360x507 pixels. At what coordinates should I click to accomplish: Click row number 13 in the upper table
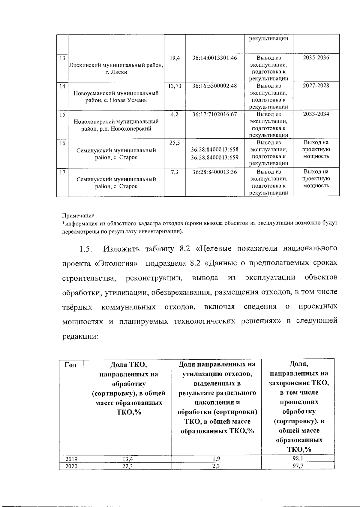(62, 58)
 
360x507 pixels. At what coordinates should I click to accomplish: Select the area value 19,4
(175, 58)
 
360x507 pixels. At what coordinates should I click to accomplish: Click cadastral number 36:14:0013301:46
(214, 58)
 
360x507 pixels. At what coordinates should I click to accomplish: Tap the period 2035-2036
(316, 58)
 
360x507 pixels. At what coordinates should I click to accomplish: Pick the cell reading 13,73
(175, 86)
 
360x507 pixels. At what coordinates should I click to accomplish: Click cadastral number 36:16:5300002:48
(214, 86)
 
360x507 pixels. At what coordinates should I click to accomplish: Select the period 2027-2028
(316, 86)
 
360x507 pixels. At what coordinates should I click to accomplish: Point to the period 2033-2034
(316, 114)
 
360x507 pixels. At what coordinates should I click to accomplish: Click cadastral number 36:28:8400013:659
(214, 157)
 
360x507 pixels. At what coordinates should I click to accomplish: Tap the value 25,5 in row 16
(175, 143)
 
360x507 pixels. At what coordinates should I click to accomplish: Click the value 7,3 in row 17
(175, 172)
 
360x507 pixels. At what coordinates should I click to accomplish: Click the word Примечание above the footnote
(78, 216)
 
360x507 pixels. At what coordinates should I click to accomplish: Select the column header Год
(70, 365)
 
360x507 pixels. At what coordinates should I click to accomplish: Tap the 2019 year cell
(71, 459)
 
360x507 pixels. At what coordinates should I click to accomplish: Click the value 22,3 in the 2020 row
(127, 466)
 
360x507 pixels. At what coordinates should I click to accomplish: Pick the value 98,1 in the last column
(298, 459)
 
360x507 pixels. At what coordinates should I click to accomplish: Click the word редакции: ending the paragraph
(80, 336)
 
